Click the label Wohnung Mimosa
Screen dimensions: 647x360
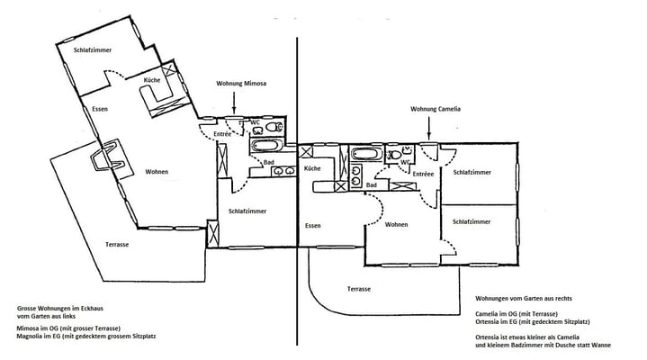[241, 84]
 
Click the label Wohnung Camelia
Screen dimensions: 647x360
[436, 109]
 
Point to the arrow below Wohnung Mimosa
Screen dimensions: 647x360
[234, 103]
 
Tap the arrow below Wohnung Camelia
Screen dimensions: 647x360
[428, 129]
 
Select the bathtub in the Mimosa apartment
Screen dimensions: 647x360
[266, 145]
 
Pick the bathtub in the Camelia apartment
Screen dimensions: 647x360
[366, 155]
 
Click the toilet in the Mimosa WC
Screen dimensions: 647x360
[274, 126]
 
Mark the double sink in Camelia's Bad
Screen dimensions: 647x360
[356, 175]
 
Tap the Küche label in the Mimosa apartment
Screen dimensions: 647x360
[152, 80]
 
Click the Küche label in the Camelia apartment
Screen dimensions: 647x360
[312, 168]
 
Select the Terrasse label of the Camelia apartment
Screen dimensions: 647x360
[358, 289]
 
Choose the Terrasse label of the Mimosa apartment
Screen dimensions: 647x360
[117, 245]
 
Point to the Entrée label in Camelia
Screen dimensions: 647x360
[423, 175]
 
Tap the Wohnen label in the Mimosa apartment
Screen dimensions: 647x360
[157, 172]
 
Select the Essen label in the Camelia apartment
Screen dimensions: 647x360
[313, 226]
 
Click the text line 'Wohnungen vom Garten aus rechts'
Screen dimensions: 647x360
[524, 298]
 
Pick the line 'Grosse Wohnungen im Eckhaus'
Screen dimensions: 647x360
[60, 309]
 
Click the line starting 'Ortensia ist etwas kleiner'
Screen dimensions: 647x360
[527, 337]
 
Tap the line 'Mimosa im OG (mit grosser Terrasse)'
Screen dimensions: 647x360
[68, 328]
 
